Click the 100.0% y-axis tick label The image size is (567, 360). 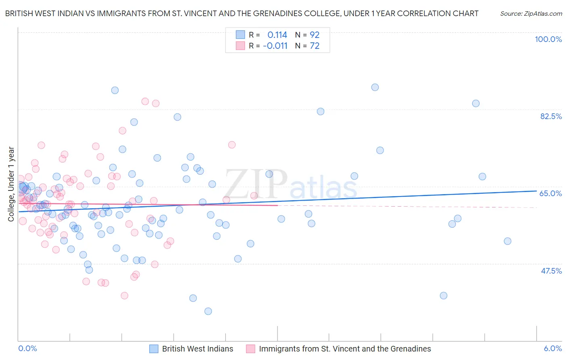coord(548,39)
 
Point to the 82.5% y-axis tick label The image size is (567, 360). coord(551,116)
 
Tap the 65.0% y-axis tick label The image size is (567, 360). coord(550,193)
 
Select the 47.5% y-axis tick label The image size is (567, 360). coord(551,271)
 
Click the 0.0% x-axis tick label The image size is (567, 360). coord(28,348)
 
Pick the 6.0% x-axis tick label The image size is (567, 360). coord(552,348)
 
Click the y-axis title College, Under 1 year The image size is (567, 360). coord(11,184)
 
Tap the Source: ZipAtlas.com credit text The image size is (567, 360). coord(531,13)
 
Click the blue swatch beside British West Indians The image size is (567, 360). coord(154,349)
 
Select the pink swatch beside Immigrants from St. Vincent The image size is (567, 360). coord(250,349)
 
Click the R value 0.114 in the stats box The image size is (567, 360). coord(277,35)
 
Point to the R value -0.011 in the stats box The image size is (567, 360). coord(275,46)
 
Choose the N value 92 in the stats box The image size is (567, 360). coord(315,35)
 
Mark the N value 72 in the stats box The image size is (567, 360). coord(315,46)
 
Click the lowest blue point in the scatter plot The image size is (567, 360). coord(208,311)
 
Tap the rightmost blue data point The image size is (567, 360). coord(507,241)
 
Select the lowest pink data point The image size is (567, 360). coord(125,296)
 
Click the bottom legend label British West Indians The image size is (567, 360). coord(198,349)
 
